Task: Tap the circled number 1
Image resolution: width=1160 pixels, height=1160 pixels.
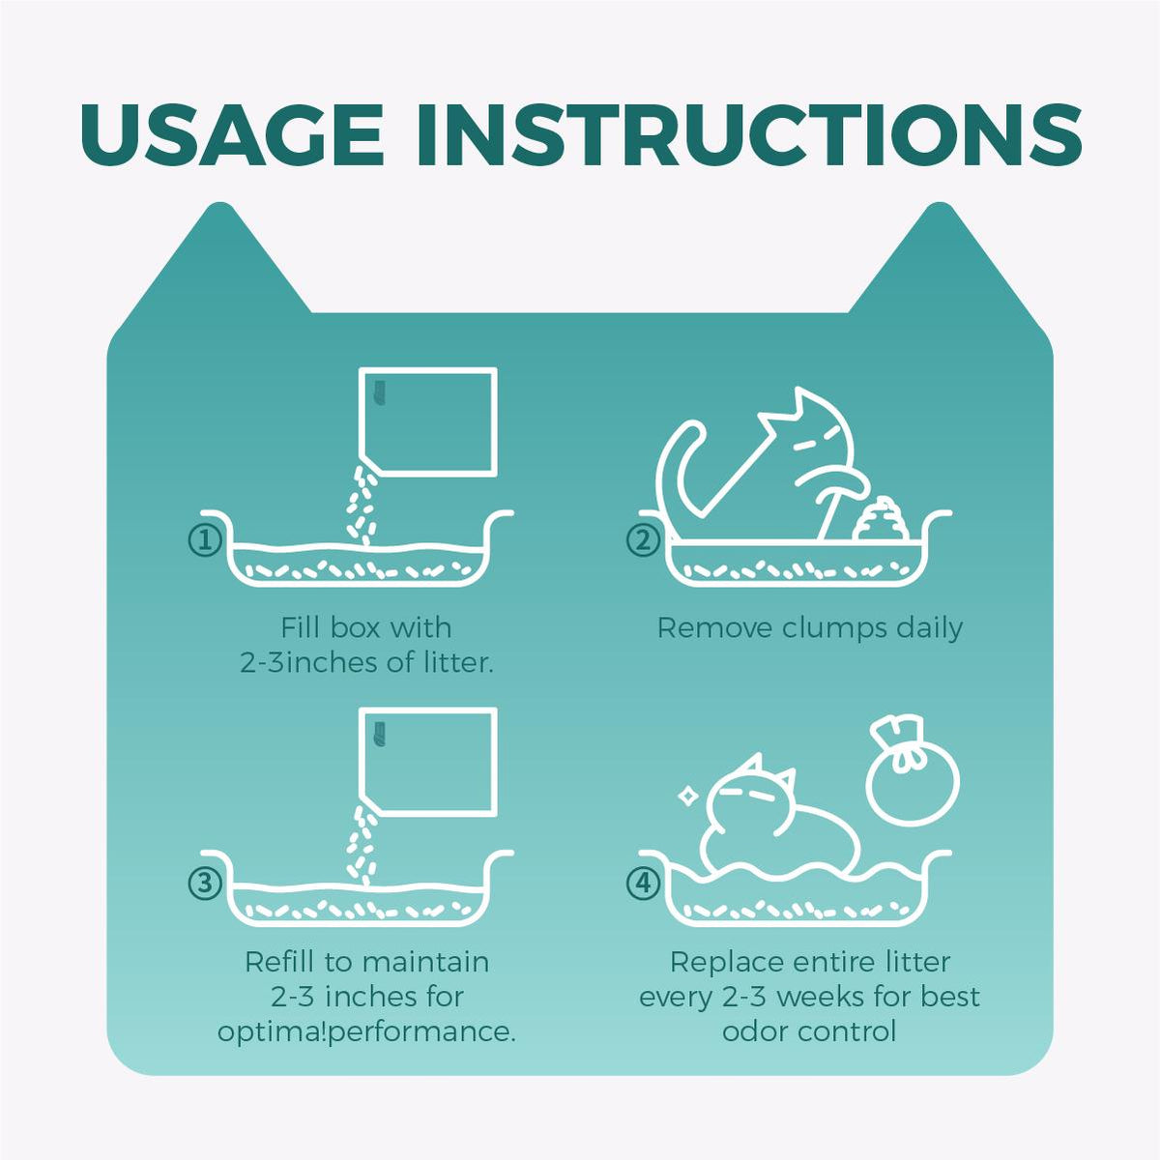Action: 206,540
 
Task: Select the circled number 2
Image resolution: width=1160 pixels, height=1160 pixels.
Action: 644,540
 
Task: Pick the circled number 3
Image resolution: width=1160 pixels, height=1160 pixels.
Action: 206,884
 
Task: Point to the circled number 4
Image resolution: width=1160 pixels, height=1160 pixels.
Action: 644,884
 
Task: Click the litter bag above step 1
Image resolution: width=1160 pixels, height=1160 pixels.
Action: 428,421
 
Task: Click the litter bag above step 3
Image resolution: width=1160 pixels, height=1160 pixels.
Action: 428,762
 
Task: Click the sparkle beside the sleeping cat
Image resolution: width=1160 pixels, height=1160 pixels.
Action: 685,796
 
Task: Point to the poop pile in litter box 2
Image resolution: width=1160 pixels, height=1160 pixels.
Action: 879,519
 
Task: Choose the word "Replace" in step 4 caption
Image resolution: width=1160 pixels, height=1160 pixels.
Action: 725,963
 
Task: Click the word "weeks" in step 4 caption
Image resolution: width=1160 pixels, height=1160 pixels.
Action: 822,998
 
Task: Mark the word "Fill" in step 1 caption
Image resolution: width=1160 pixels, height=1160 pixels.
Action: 299,628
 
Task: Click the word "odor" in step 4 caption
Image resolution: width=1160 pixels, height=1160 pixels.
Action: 756,1032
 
